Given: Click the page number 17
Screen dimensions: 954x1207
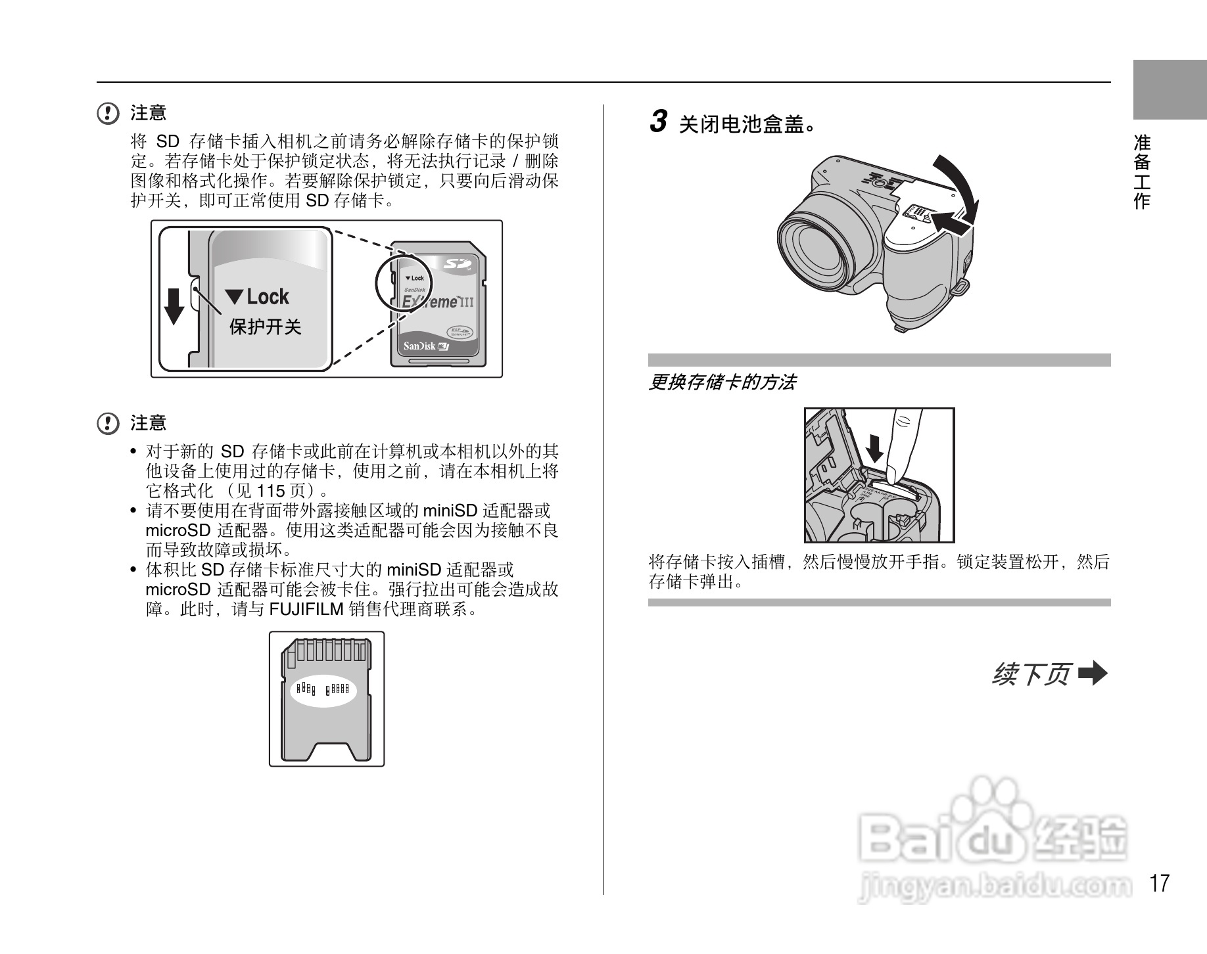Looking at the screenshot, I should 1160,883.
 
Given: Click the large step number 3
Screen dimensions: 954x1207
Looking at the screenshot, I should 658,122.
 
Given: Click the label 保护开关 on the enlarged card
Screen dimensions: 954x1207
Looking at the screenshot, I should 265,327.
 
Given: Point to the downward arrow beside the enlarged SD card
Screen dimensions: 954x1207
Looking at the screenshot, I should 174,306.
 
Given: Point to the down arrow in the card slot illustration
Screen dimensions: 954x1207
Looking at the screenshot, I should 875,449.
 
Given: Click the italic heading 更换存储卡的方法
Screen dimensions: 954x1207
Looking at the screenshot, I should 722,382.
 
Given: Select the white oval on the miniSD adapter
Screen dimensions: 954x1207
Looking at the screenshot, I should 323,690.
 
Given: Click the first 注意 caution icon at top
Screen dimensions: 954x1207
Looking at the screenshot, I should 107,114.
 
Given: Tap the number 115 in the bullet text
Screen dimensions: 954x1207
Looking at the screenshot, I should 270,491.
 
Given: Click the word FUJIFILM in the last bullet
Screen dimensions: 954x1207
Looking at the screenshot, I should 306,610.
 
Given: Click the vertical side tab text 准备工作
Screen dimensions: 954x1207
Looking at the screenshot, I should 1142,171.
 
